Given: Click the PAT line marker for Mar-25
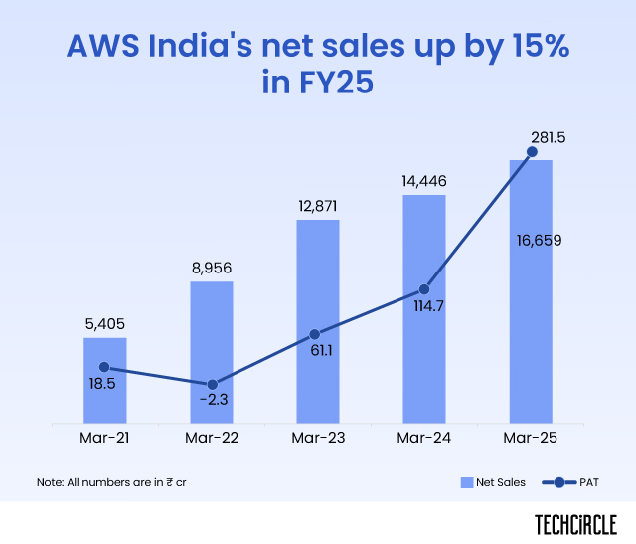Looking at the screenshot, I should tap(532, 152).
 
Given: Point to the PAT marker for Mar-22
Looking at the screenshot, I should tap(212, 384).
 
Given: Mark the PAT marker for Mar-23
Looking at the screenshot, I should tap(315, 335).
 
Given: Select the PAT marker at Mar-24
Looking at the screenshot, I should tap(424, 289).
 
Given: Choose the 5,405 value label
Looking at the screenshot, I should tap(104, 322).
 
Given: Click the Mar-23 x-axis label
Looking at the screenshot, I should tap(318, 437).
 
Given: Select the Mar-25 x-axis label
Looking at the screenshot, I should tap(532, 437).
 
